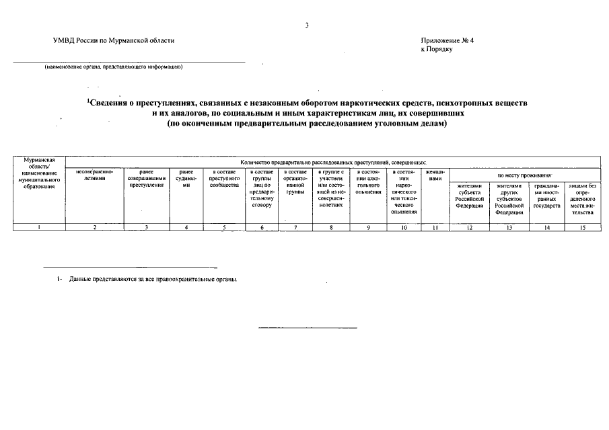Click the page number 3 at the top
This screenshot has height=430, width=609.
coord(307,25)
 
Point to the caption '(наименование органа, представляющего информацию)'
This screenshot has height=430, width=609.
coord(114,67)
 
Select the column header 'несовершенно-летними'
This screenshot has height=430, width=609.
coord(95,175)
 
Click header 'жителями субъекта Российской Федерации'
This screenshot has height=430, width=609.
coord(469,196)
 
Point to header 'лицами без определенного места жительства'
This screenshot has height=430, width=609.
coord(583,199)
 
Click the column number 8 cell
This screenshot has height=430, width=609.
coord(331,227)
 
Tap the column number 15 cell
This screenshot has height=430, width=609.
coord(583,227)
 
